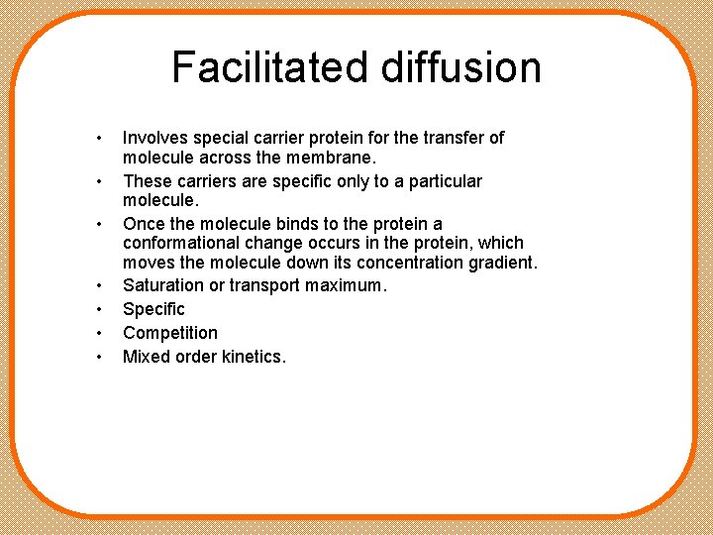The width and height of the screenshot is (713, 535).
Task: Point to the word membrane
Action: pos(343,158)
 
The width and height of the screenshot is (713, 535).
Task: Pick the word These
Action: pos(147,181)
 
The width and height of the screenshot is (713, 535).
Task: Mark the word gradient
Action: pos(495,263)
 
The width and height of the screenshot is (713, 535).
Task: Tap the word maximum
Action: pos(348,285)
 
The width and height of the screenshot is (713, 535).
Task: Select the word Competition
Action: pos(170,333)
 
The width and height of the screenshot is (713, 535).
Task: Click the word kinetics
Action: pos(251,357)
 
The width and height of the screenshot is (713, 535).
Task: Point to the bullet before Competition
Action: pos(100,334)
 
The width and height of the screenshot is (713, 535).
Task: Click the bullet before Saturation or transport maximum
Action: pos(100,286)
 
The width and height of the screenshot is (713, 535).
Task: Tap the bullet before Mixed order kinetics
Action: pos(100,358)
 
